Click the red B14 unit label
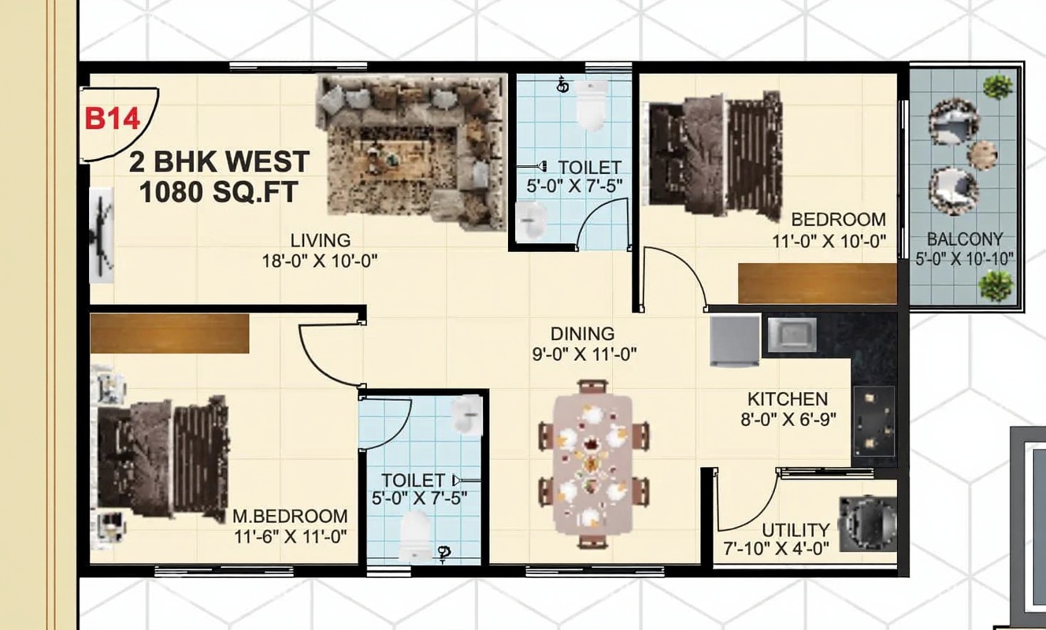(113, 119)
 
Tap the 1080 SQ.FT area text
(218, 192)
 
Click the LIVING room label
(321, 240)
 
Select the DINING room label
(582, 334)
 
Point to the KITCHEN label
(788, 399)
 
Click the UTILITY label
(796, 531)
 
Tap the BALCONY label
(965, 239)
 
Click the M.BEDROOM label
(290, 517)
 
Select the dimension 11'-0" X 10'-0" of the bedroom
(829, 242)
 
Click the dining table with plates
(593, 464)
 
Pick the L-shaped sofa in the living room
(412, 152)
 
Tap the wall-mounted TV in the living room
(102, 235)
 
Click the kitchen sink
(792, 335)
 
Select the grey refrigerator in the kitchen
(735, 340)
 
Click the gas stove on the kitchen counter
(874, 421)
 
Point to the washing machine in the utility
(868, 524)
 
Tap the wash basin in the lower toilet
(467, 415)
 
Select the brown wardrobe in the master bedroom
(169, 333)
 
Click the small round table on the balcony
(982, 155)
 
